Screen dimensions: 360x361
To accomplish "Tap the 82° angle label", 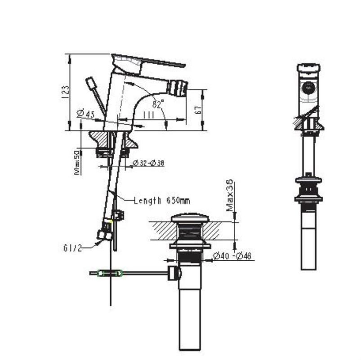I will [x=158, y=104].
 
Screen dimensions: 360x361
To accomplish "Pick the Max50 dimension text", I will [x=77, y=162].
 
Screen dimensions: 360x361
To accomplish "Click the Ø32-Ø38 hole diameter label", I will [x=148, y=164].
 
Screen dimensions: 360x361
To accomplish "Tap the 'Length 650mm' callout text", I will [x=162, y=201].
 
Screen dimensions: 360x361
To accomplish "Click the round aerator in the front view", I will [x=308, y=88].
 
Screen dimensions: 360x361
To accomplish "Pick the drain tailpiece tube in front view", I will [x=308, y=247].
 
